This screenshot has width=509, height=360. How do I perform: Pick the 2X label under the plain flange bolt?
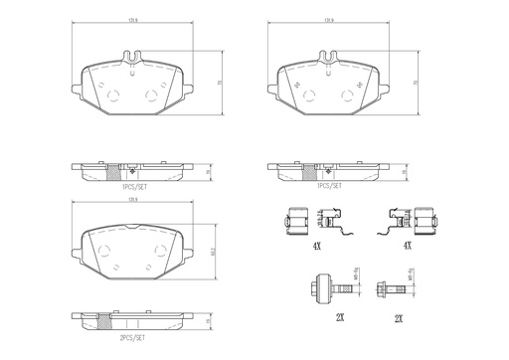pos(399,317)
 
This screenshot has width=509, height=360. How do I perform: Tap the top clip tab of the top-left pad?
pos(132,57)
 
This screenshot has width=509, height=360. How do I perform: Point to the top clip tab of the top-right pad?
pos(327,57)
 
